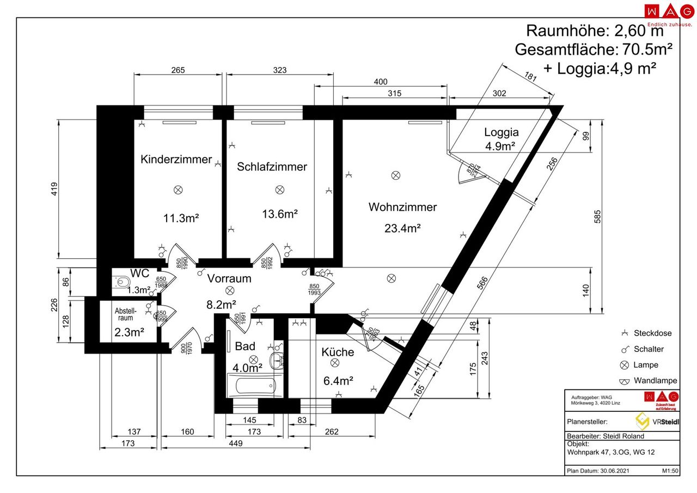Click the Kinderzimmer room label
click(x=176, y=160)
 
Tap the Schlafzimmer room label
click(x=272, y=167)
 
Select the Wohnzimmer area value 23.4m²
click(x=402, y=228)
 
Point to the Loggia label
click(x=501, y=132)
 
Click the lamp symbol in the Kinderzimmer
click(x=178, y=190)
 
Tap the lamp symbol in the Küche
click(x=335, y=362)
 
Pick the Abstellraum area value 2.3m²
click(x=129, y=332)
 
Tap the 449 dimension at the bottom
click(x=235, y=444)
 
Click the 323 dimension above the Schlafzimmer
click(x=279, y=70)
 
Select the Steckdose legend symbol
click(x=625, y=333)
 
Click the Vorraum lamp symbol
click(x=230, y=290)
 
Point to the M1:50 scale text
click(x=670, y=471)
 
